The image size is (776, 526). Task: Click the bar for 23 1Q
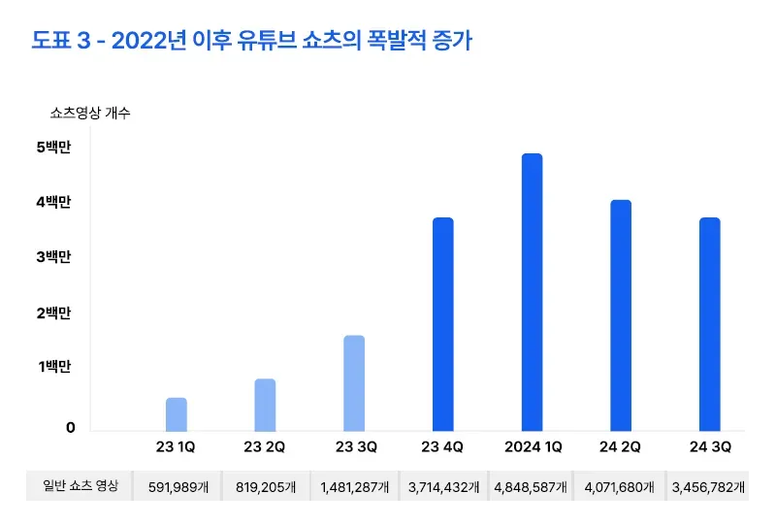point(176,414)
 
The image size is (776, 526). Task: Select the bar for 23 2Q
point(265,405)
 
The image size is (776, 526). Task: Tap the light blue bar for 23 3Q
point(354,383)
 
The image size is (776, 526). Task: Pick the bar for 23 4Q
point(442,324)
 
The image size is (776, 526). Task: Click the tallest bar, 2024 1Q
point(532,292)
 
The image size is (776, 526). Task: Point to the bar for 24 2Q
point(621,315)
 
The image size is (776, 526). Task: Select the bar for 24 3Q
point(709,324)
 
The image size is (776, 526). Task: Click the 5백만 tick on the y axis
point(54,148)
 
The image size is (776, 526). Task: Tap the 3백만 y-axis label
point(54,258)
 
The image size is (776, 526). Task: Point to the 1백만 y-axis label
point(54,367)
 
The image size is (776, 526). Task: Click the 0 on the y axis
point(70,428)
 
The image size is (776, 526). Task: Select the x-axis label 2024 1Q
point(532,448)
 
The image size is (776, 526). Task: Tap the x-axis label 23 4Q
point(442,448)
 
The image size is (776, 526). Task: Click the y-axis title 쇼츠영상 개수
point(90,114)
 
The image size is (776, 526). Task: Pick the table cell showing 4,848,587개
point(531,487)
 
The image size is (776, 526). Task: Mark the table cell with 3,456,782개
point(709,487)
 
